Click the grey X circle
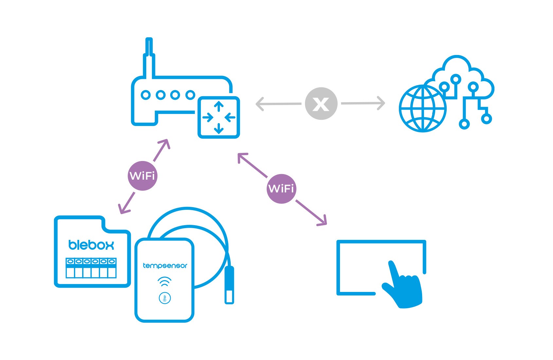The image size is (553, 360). pos(321,103)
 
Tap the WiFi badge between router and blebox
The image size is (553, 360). pos(142,176)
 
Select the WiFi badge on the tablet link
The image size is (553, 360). pos(281,189)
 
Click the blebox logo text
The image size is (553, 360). pos(91,245)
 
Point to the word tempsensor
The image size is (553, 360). pos(165,266)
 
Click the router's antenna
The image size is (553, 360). pos(149,58)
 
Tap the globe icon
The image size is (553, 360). pos(423,108)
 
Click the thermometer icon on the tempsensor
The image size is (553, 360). pos(165,298)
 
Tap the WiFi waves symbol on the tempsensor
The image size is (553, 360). pos(164,281)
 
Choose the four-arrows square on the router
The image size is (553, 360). pos(219,117)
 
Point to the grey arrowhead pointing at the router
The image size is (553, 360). pos(260,104)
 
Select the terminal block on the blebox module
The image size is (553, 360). pos(91,268)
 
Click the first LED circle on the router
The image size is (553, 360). pos(146,95)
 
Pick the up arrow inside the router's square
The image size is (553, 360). pos(219,106)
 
